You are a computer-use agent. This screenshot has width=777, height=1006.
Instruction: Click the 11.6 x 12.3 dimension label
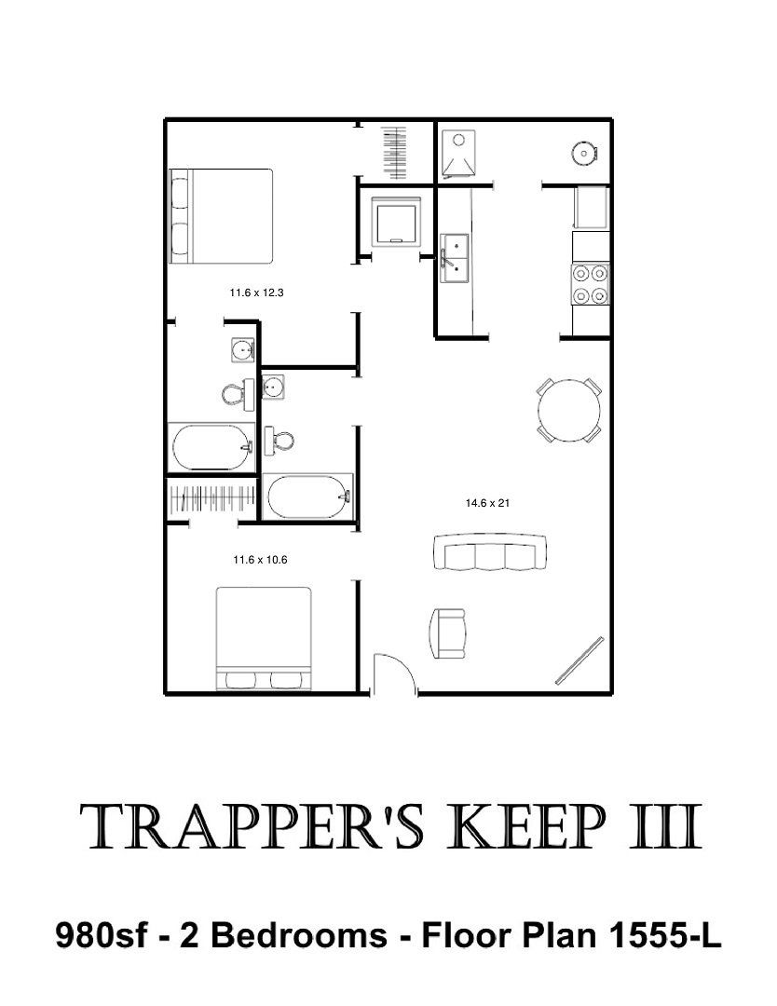[256, 292]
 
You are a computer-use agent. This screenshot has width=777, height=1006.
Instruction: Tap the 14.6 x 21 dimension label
[487, 503]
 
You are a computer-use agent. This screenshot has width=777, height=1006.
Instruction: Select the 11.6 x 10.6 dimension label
[260, 560]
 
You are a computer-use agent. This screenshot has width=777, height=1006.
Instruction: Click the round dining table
[569, 410]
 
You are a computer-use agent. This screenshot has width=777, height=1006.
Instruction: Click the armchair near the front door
[446, 633]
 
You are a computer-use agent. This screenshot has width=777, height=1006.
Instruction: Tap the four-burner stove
[591, 283]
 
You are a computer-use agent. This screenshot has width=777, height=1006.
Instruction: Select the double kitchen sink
[455, 258]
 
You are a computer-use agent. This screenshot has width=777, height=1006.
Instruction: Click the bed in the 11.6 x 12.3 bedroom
[221, 216]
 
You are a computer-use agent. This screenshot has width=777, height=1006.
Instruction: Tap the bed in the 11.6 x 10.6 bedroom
[264, 638]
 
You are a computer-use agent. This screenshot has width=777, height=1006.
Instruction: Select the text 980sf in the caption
[102, 935]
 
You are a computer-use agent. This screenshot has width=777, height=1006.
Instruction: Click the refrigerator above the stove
[591, 207]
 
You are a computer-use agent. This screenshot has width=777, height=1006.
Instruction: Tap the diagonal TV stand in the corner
[579, 659]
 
